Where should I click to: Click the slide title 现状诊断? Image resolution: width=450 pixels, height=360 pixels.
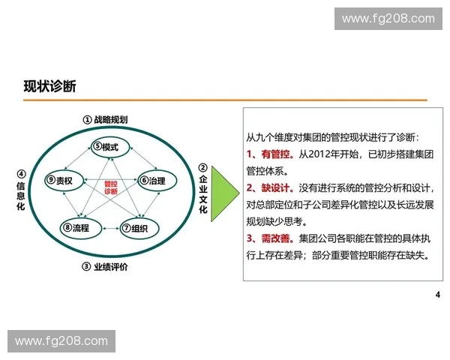pyautogui.click(x=49, y=86)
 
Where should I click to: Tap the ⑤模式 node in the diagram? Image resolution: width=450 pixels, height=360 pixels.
pyautogui.click(x=106, y=146)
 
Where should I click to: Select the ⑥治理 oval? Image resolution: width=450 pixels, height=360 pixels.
pyautogui.click(x=152, y=181)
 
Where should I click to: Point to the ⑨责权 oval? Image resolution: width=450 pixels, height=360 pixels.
pyautogui.click(x=59, y=181)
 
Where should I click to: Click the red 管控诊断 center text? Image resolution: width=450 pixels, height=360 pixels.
pyautogui.click(x=110, y=187)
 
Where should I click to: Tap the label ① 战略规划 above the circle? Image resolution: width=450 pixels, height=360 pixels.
pyautogui.click(x=105, y=120)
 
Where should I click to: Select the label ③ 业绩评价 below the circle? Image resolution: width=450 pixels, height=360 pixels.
pyautogui.click(x=105, y=267)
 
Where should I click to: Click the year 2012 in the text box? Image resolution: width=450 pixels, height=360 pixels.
pyautogui.click(x=325, y=154)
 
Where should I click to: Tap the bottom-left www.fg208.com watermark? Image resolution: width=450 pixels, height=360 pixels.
pyautogui.click(x=61, y=341)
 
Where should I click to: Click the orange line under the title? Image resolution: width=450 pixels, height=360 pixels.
pyautogui.click(x=225, y=100)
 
